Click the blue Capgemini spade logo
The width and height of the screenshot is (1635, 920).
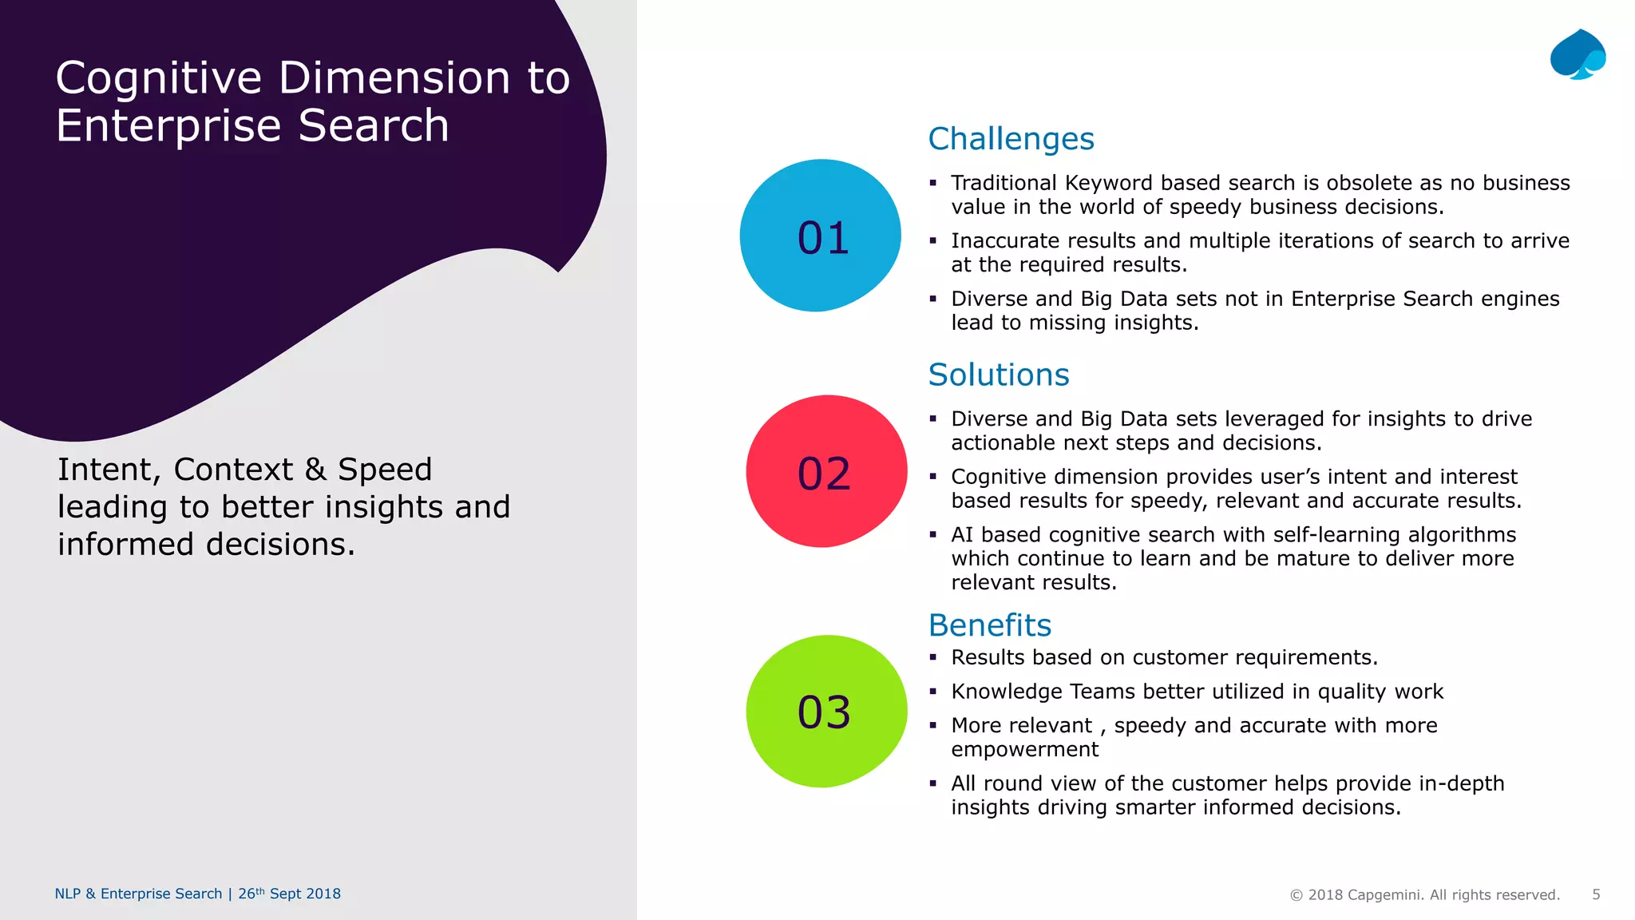[x=1578, y=54]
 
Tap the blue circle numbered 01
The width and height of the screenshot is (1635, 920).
[x=821, y=236]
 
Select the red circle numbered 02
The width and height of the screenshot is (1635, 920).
[x=825, y=471]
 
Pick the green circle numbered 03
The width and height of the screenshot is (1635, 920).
[x=825, y=711]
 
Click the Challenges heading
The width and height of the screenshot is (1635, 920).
[x=1011, y=139]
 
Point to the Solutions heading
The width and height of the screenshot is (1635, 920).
[x=998, y=375]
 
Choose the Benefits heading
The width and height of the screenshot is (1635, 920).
[x=989, y=625]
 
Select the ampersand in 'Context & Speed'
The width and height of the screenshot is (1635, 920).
[x=315, y=470]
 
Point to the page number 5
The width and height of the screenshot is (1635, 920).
[x=1596, y=894]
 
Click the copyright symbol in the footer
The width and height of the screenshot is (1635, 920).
[x=1297, y=895]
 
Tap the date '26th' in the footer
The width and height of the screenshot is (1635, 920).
[x=251, y=894]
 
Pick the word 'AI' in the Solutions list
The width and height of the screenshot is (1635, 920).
[x=962, y=534]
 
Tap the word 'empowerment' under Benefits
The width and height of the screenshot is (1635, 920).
[x=1024, y=749]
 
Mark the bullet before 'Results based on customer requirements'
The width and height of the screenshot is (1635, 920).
[x=932, y=657]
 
